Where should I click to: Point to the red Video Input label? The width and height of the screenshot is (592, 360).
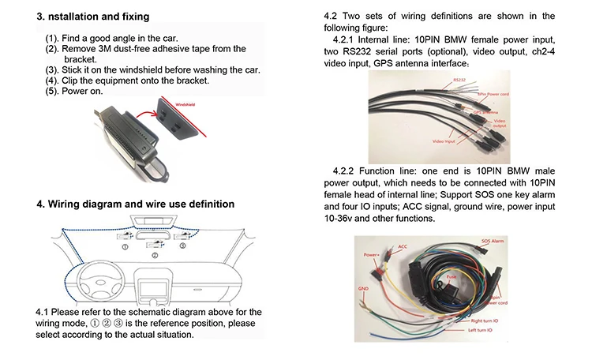[444, 141]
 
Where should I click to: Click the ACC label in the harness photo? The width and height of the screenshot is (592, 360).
[403, 247]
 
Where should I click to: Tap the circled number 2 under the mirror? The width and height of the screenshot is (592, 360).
[155, 256]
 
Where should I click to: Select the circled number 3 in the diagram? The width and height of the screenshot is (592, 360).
[182, 246]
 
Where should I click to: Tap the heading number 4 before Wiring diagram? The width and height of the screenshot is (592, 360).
[40, 204]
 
